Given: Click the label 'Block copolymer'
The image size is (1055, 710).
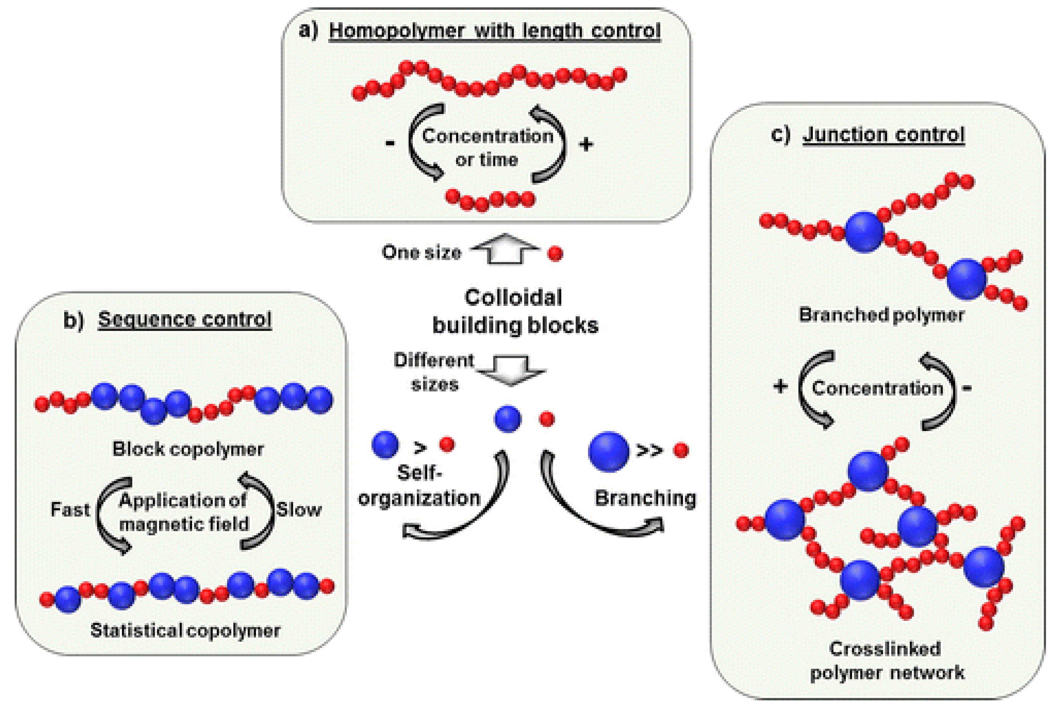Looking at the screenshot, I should coord(188,449).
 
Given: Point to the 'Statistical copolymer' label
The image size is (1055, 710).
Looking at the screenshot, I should coord(185,630).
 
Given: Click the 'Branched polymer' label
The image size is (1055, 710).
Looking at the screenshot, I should coord(881,315).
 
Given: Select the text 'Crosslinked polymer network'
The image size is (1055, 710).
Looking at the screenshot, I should coord(886,661).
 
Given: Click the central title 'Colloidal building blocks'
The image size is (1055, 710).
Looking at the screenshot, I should coord(515,312).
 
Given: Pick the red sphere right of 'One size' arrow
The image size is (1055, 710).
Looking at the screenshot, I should coord(555,253).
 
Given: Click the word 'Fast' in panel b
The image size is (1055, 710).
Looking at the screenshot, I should coord(69,510).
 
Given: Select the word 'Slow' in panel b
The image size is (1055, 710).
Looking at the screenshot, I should coord(299,510).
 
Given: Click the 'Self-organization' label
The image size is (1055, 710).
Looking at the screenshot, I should coord(419,486).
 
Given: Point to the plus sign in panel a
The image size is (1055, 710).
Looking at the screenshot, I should coord(586,145).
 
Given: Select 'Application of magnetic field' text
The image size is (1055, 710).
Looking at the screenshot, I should coord(183,512).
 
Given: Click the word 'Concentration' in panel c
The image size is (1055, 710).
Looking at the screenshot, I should coord(877,388).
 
